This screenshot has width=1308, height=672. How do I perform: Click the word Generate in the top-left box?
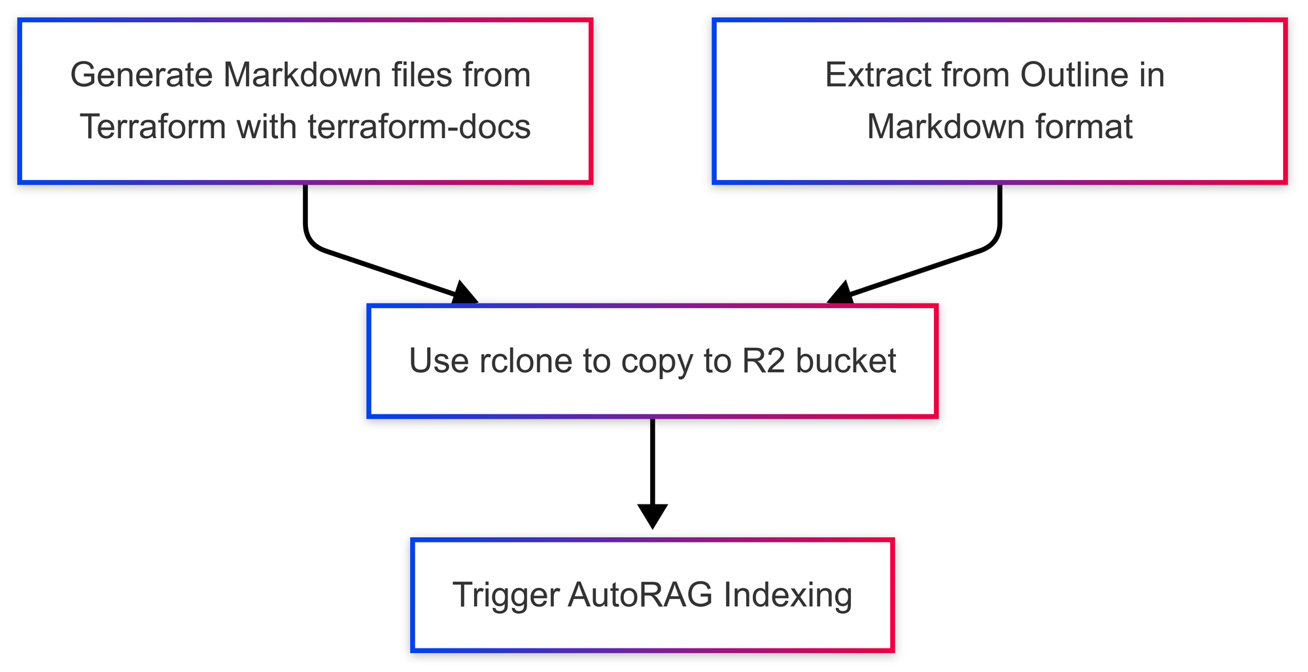tap(141, 75)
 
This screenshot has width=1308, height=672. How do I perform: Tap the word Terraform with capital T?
tap(154, 127)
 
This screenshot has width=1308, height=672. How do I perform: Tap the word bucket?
tap(846, 361)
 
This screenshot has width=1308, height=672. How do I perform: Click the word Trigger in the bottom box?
tap(506, 595)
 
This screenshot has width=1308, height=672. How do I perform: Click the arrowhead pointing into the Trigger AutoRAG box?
tap(653, 516)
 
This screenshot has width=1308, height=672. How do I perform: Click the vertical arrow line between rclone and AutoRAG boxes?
tap(653, 461)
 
